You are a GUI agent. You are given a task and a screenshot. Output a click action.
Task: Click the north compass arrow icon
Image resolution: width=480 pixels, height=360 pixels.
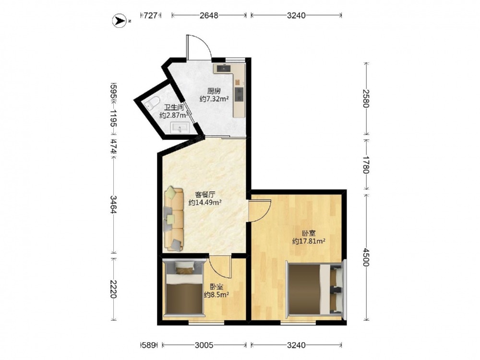coord(120,21)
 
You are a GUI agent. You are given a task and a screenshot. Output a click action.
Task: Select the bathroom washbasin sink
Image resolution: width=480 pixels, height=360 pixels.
coord(180,128)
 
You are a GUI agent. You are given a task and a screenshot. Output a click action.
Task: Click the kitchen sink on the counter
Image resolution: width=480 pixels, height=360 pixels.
coord(224,68)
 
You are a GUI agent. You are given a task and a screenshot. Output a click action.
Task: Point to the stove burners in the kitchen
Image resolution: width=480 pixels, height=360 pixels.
coord(239,94)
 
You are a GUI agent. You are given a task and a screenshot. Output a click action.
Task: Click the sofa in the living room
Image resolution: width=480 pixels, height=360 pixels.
coord(174,219)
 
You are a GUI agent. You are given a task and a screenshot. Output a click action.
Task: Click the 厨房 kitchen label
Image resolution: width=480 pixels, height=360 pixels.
coord(214,91)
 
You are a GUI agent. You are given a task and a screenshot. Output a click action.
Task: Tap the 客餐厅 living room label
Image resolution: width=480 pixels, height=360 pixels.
coord(205,194)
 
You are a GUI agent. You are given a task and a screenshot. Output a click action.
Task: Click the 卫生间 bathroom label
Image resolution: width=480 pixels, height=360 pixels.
coord(174,108)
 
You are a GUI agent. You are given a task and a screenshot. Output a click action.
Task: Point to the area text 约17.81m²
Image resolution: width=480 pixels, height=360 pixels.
coord(309,241)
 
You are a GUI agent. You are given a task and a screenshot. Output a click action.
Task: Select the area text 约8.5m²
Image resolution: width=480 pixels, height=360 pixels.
coord(217,295)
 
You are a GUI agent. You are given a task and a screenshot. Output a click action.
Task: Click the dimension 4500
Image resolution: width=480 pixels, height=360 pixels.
coord(366,257)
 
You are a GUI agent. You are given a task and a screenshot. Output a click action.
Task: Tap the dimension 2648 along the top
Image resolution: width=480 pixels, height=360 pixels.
coord(209,15)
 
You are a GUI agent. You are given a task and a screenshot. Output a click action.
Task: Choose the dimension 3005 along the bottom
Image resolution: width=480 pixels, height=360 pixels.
coord(204,345)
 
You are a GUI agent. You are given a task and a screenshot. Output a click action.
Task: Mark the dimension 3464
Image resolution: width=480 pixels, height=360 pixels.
coord(114,204)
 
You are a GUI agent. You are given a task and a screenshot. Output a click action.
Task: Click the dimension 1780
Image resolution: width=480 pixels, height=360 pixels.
coord(366,164)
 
